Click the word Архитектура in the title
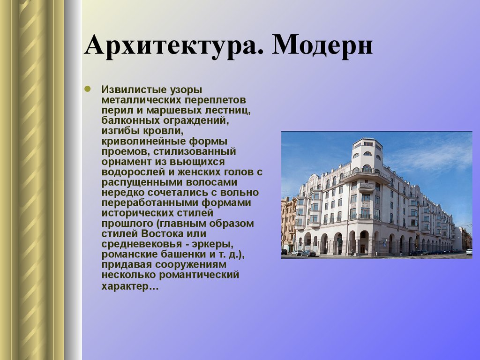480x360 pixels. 173,45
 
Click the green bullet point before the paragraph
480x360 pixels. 87,89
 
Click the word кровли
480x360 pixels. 163,131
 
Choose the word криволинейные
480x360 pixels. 144,142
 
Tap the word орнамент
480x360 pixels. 127,162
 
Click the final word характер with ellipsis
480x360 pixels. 130,286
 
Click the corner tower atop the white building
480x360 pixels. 367,154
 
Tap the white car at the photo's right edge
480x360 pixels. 469,252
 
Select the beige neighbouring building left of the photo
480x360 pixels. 288,224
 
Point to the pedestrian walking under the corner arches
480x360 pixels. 352,253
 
